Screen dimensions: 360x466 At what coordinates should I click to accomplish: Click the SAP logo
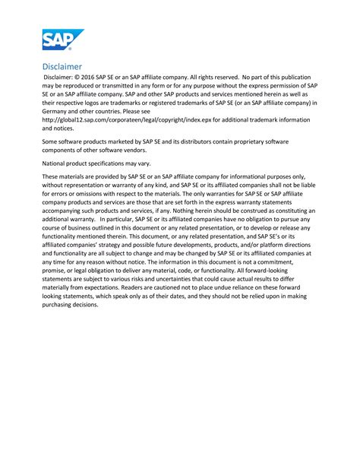click(x=63, y=40)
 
